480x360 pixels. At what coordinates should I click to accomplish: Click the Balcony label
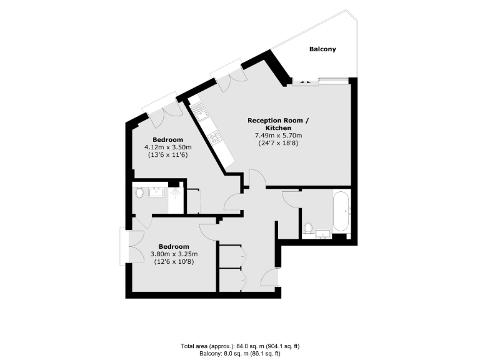pyautogui.click(x=322, y=49)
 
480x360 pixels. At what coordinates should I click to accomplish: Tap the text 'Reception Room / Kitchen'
pyautogui.click(x=278, y=124)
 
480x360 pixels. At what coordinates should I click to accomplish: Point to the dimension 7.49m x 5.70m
pyautogui.click(x=278, y=136)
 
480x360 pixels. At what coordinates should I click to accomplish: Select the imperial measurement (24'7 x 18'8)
pyautogui.click(x=278, y=144)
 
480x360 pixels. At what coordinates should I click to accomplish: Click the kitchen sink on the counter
pyautogui.click(x=201, y=113)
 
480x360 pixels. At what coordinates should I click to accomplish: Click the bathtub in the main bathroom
pyautogui.click(x=341, y=212)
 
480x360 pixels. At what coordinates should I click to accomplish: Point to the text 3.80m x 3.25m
pyautogui.click(x=174, y=254)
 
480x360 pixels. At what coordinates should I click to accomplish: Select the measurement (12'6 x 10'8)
pyautogui.click(x=174, y=262)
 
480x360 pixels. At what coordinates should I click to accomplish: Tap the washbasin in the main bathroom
pyautogui.click(x=324, y=234)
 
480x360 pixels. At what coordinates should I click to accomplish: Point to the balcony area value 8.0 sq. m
pyautogui.click(x=244, y=353)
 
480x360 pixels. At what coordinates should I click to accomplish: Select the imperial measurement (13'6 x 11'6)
pyautogui.click(x=167, y=155)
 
